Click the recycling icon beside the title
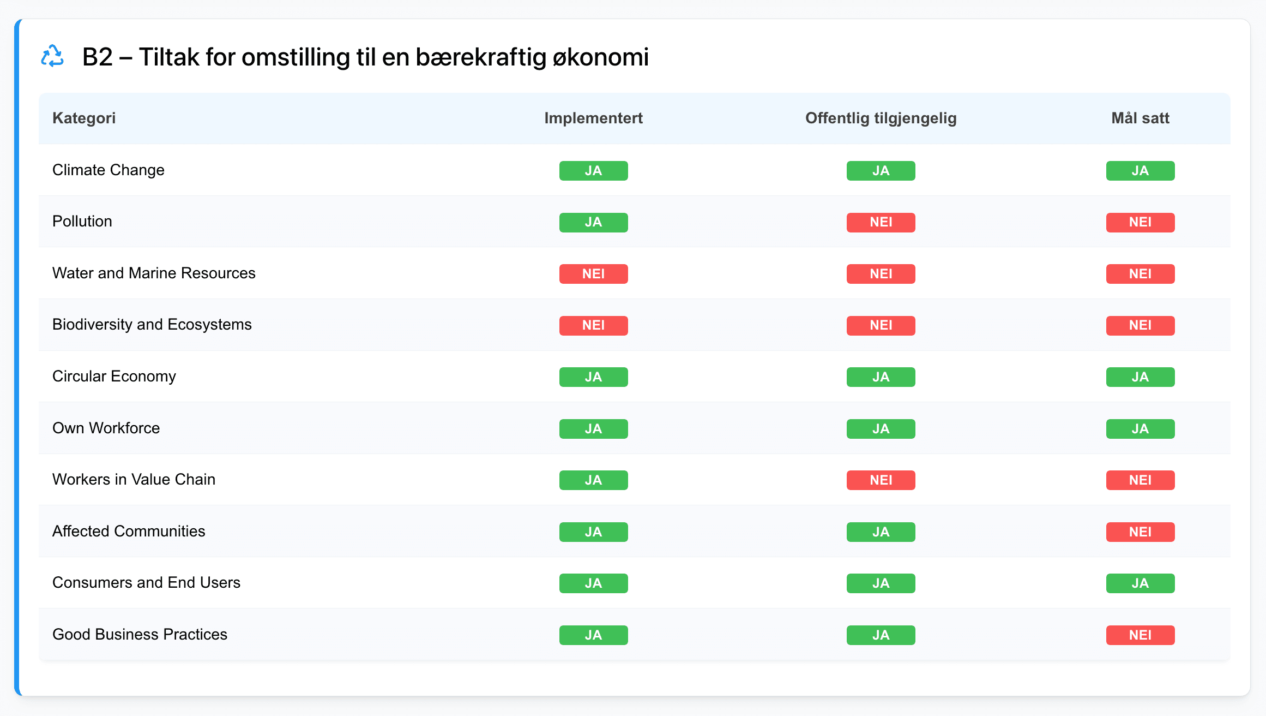point(52,56)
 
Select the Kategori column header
point(84,118)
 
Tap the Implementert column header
point(593,118)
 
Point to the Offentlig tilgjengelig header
point(881,118)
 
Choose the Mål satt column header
point(1140,118)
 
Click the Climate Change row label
point(108,170)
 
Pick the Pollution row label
point(82,222)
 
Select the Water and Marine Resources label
point(154,273)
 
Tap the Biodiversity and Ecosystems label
point(152,325)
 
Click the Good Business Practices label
point(140,635)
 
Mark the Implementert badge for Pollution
point(593,222)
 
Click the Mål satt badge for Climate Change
point(1140,171)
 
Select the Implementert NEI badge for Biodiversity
point(593,325)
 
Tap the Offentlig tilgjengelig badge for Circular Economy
point(881,377)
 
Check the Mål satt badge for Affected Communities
point(1140,532)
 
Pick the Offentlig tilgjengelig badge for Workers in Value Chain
point(881,480)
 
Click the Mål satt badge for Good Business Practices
point(1140,635)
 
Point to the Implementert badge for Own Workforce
point(593,429)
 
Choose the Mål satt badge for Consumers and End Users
point(1140,583)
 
